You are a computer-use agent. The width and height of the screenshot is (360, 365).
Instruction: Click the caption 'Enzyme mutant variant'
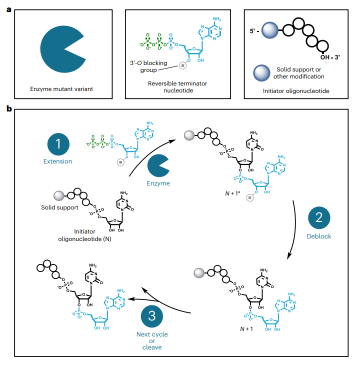coord(62,90)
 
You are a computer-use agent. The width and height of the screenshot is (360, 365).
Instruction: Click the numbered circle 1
coord(57,144)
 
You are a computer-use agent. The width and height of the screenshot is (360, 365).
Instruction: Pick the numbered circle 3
coord(152,315)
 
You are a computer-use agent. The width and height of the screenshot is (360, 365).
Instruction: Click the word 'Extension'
coord(57,161)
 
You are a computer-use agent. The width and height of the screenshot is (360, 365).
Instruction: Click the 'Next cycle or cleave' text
coord(152,340)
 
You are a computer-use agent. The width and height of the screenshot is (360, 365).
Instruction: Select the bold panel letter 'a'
coord(9,8)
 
